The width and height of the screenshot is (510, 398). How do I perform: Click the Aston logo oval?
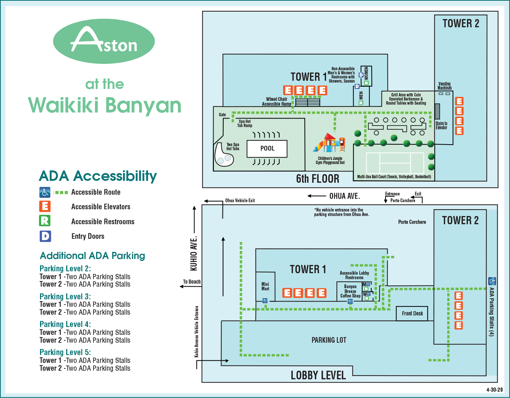point(104,41)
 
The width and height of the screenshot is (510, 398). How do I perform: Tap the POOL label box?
point(267,148)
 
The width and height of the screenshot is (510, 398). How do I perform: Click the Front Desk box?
point(412,314)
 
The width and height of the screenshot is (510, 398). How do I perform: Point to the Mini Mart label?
point(265,287)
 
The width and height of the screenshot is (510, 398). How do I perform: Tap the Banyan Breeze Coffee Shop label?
point(350,291)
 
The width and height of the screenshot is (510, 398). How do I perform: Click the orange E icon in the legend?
point(45,206)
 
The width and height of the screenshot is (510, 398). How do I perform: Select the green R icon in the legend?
point(45,221)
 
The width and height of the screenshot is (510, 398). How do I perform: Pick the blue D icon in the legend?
point(45,236)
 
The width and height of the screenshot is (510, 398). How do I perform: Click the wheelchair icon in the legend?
point(45,192)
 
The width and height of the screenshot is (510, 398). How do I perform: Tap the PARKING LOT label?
point(329,340)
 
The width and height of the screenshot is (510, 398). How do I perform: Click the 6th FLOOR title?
point(317,179)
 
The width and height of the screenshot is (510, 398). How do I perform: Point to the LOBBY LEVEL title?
point(318,375)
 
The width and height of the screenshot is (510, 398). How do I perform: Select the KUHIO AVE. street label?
point(194,253)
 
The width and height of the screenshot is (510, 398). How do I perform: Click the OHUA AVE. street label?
point(344,196)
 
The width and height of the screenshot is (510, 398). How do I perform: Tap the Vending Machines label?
point(445,86)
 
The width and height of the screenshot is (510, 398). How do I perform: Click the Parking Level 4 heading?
point(65,324)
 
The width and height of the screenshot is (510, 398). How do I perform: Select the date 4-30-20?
point(494,390)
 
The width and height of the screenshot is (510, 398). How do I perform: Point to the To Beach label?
point(192,282)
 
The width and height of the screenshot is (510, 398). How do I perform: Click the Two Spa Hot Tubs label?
point(233,146)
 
